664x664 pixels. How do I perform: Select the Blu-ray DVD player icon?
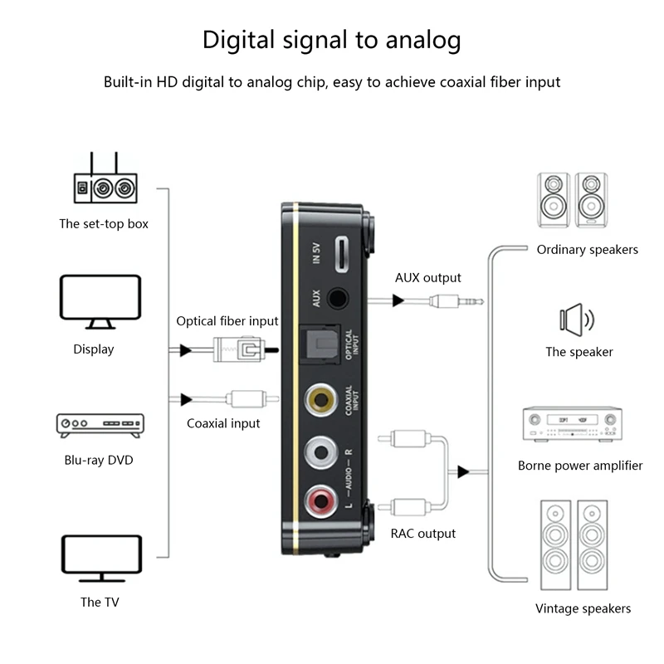99,425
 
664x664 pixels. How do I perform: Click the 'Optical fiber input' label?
227,321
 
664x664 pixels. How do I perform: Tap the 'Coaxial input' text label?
223,423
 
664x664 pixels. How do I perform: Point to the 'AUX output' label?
427,278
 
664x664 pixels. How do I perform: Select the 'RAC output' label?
422,534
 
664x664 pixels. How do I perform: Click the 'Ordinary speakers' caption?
587,249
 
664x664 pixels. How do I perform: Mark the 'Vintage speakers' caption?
583,608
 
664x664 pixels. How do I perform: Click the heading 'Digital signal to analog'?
332,40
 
